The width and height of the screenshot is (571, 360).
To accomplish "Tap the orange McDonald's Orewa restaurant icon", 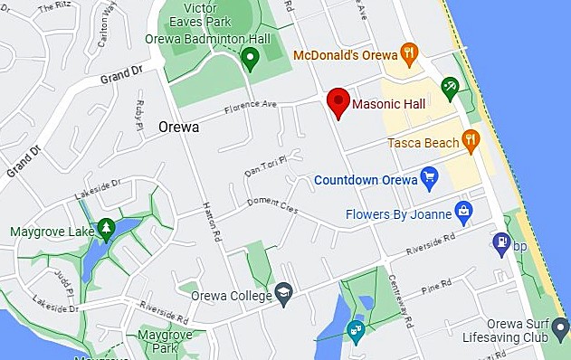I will (409, 53).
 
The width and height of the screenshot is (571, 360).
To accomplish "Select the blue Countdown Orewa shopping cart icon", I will (430, 179).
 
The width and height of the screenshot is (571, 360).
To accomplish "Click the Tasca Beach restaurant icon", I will (470, 139).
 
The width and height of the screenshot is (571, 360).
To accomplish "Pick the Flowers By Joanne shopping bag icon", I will (464, 214).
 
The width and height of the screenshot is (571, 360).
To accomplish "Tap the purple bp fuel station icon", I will (500, 243).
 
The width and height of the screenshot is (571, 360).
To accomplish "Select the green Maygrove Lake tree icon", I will (107, 229).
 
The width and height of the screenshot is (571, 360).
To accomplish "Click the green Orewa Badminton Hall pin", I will (252, 60).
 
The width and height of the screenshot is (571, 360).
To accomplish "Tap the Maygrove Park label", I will (161, 341).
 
